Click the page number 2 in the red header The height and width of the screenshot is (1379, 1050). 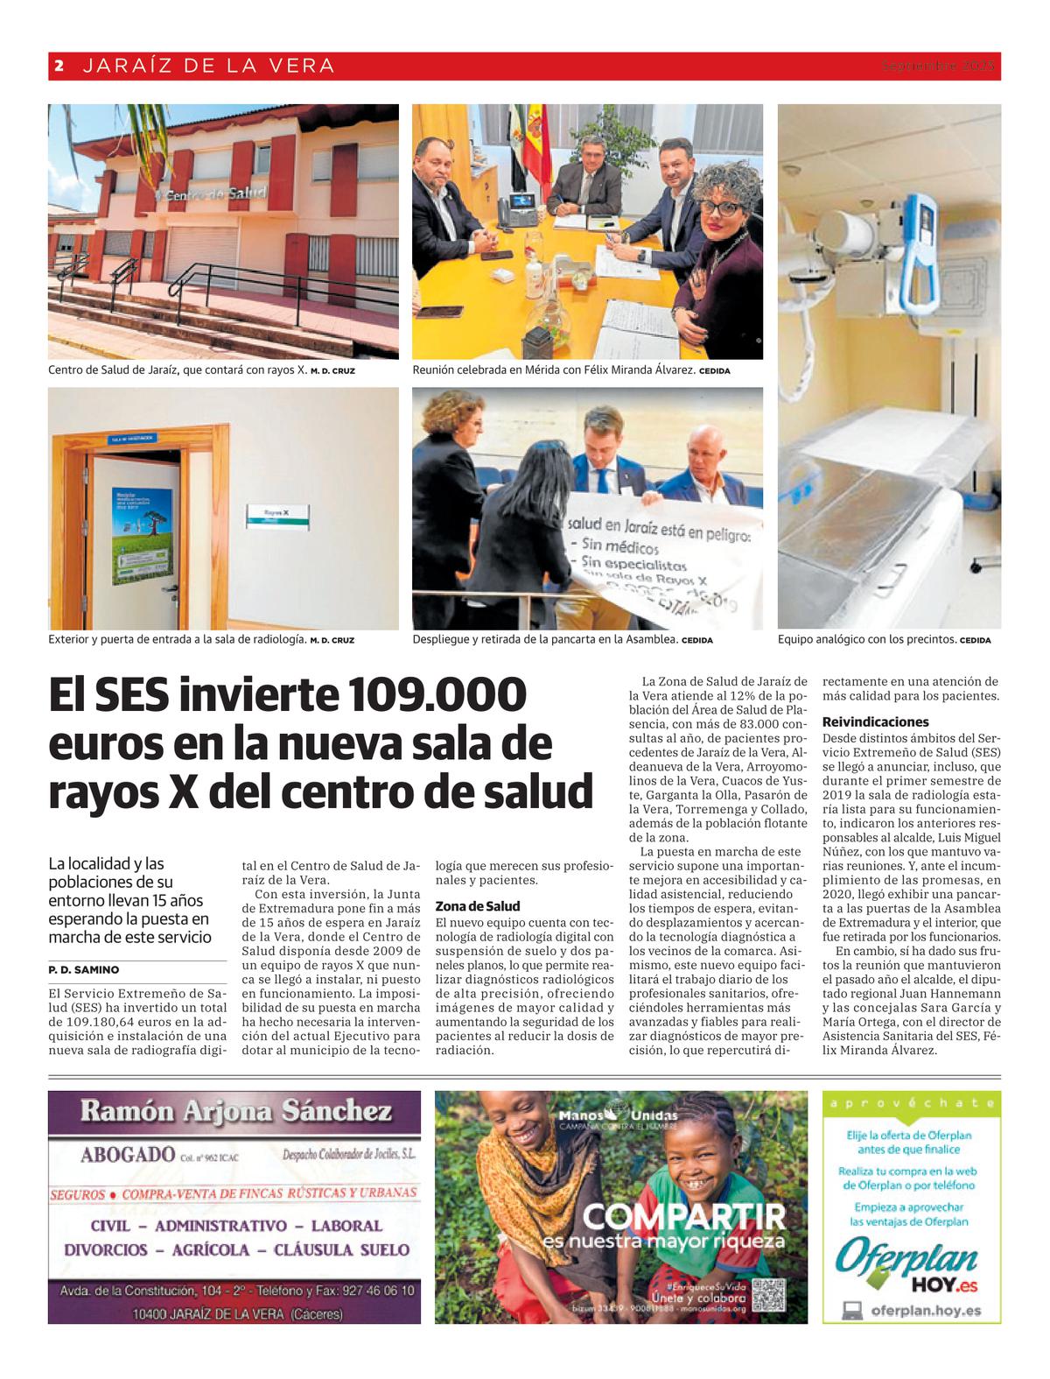(59, 66)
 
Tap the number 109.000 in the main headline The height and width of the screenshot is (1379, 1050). (437, 696)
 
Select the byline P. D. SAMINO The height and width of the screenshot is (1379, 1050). (84, 970)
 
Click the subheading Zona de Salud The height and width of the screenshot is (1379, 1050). (478, 906)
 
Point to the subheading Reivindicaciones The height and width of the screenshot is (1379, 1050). (875, 722)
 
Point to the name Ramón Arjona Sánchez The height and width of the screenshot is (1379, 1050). (235, 1113)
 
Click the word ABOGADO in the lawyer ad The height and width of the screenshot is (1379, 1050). (128, 1155)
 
